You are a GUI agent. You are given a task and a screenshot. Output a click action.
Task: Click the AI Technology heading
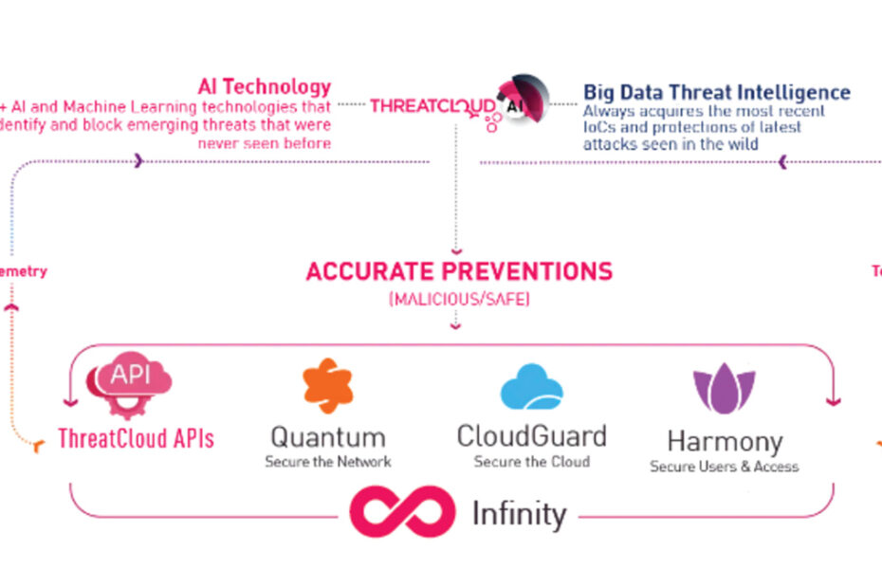pyautogui.click(x=265, y=87)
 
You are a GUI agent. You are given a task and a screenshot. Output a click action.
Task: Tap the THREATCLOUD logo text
pyautogui.click(x=432, y=105)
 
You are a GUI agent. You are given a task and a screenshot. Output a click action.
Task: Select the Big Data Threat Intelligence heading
pyautogui.click(x=716, y=92)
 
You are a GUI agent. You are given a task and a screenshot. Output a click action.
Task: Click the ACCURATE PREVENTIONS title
pyautogui.click(x=459, y=271)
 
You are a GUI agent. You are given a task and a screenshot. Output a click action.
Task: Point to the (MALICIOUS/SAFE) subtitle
pyautogui.click(x=458, y=299)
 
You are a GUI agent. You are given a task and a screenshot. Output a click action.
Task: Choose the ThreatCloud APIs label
pyautogui.click(x=136, y=439)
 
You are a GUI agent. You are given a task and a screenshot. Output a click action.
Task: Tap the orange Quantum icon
pyautogui.click(x=327, y=386)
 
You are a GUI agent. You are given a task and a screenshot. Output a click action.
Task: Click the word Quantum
pyautogui.click(x=327, y=437)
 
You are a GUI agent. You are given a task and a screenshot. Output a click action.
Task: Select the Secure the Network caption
pyautogui.click(x=327, y=462)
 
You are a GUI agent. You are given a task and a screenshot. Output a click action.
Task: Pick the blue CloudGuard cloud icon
pyautogui.click(x=531, y=387)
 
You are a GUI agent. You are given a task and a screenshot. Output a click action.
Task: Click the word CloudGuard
pyautogui.click(x=531, y=436)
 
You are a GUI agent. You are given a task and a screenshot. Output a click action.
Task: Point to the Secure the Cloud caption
pyautogui.click(x=531, y=462)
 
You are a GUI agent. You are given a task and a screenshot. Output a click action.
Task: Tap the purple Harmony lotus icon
pyautogui.click(x=724, y=389)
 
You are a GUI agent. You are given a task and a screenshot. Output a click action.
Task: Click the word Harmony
pyautogui.click(x=725, y=442)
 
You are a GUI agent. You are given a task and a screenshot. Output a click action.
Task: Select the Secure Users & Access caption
pyautogui.click(x=724, y=467)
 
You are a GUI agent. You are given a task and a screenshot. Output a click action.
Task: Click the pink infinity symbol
pyautogui.click(x=402, y=511)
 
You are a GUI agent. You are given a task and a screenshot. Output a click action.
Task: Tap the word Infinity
pyautogui.click(x=519, y=514)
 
